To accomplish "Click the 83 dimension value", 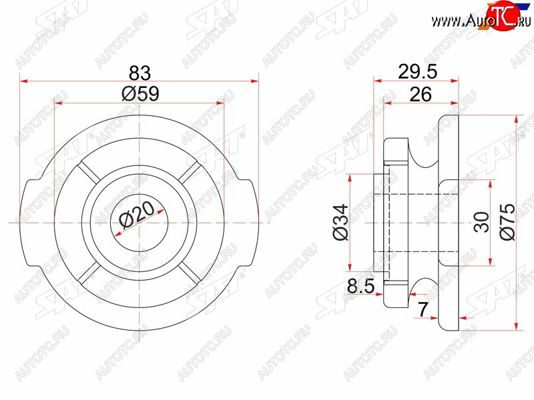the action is [140, 73].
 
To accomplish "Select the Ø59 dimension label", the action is [140, 93].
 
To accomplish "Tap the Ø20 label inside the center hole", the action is [137, 215].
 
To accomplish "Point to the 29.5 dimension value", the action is [418, 72].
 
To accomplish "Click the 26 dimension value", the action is [421, 94].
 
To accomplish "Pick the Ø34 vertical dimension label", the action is [341, 222].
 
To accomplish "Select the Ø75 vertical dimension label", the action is [507, 222].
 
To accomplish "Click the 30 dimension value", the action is [481, 222].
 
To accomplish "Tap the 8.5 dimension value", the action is [361, 286].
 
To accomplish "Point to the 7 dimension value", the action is [423, 309].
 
